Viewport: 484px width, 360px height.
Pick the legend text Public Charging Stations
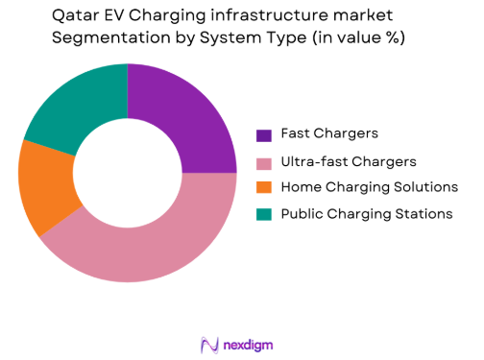coord(366,214)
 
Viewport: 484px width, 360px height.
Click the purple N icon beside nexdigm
coord(209,343)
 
